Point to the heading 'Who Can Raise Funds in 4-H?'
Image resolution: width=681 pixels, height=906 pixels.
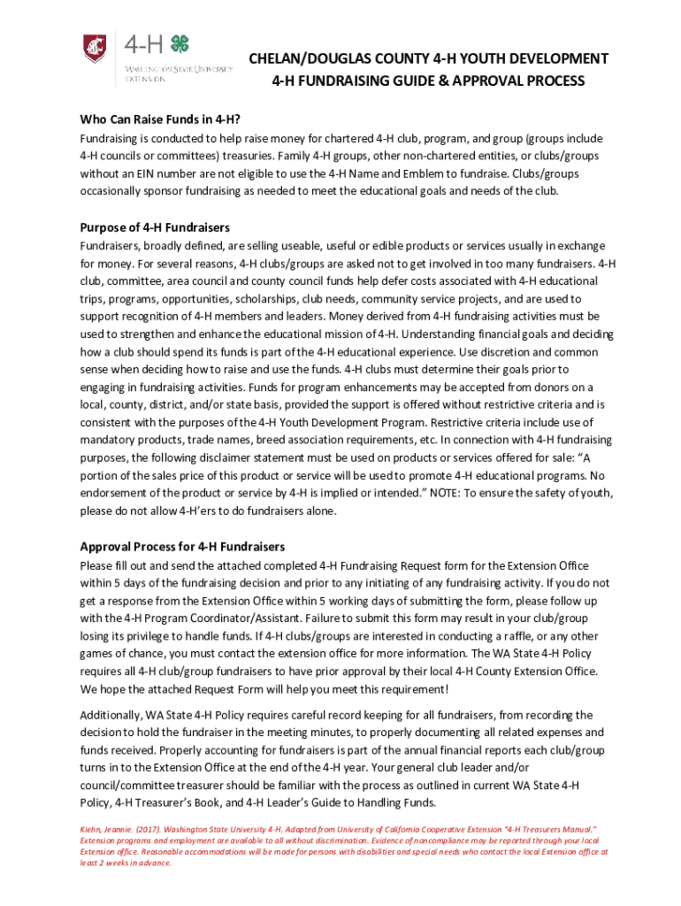[160, 119]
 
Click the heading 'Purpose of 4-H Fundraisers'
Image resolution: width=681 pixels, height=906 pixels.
[155, 227]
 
